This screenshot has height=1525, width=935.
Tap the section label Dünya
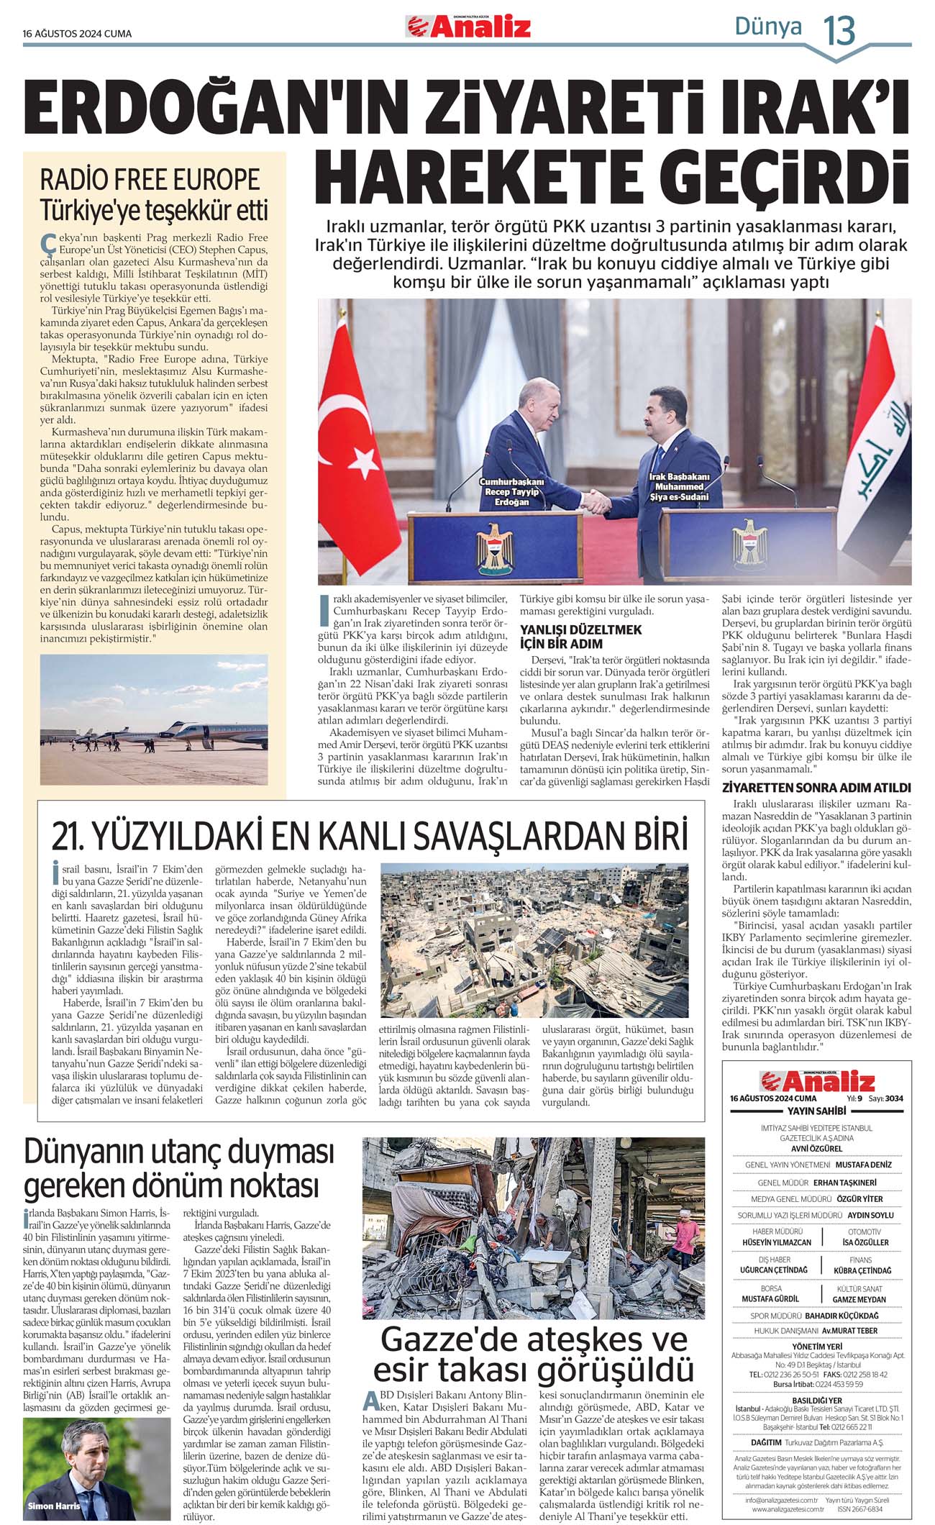click(x=767, y=27)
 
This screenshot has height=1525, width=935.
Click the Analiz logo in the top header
click(x=468, y=27)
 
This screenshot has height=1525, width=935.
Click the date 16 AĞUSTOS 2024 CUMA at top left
click(x=77, y=34)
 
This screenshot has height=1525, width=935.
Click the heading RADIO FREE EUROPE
click(x=150, y=178)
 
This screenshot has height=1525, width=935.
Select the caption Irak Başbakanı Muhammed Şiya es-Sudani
click(x=679, y=487)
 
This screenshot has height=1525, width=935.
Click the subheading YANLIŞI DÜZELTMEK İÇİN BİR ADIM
click(x=580, y=637)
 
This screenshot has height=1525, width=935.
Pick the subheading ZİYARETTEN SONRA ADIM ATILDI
click(x=816, y=788)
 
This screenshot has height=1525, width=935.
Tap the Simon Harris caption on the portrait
click(x=54, y=1505)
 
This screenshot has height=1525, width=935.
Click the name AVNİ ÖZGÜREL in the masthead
click(x=816, y=1148)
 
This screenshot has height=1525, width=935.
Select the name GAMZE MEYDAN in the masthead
click(x=859, y=1299)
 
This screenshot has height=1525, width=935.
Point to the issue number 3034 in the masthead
click(x=894, y=1098)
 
